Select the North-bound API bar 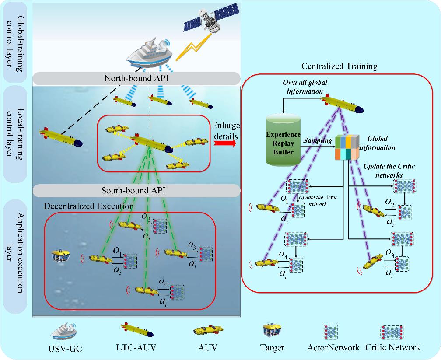tap(136, 79)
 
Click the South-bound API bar tap(136, 190)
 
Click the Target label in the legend tap(272, 348)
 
